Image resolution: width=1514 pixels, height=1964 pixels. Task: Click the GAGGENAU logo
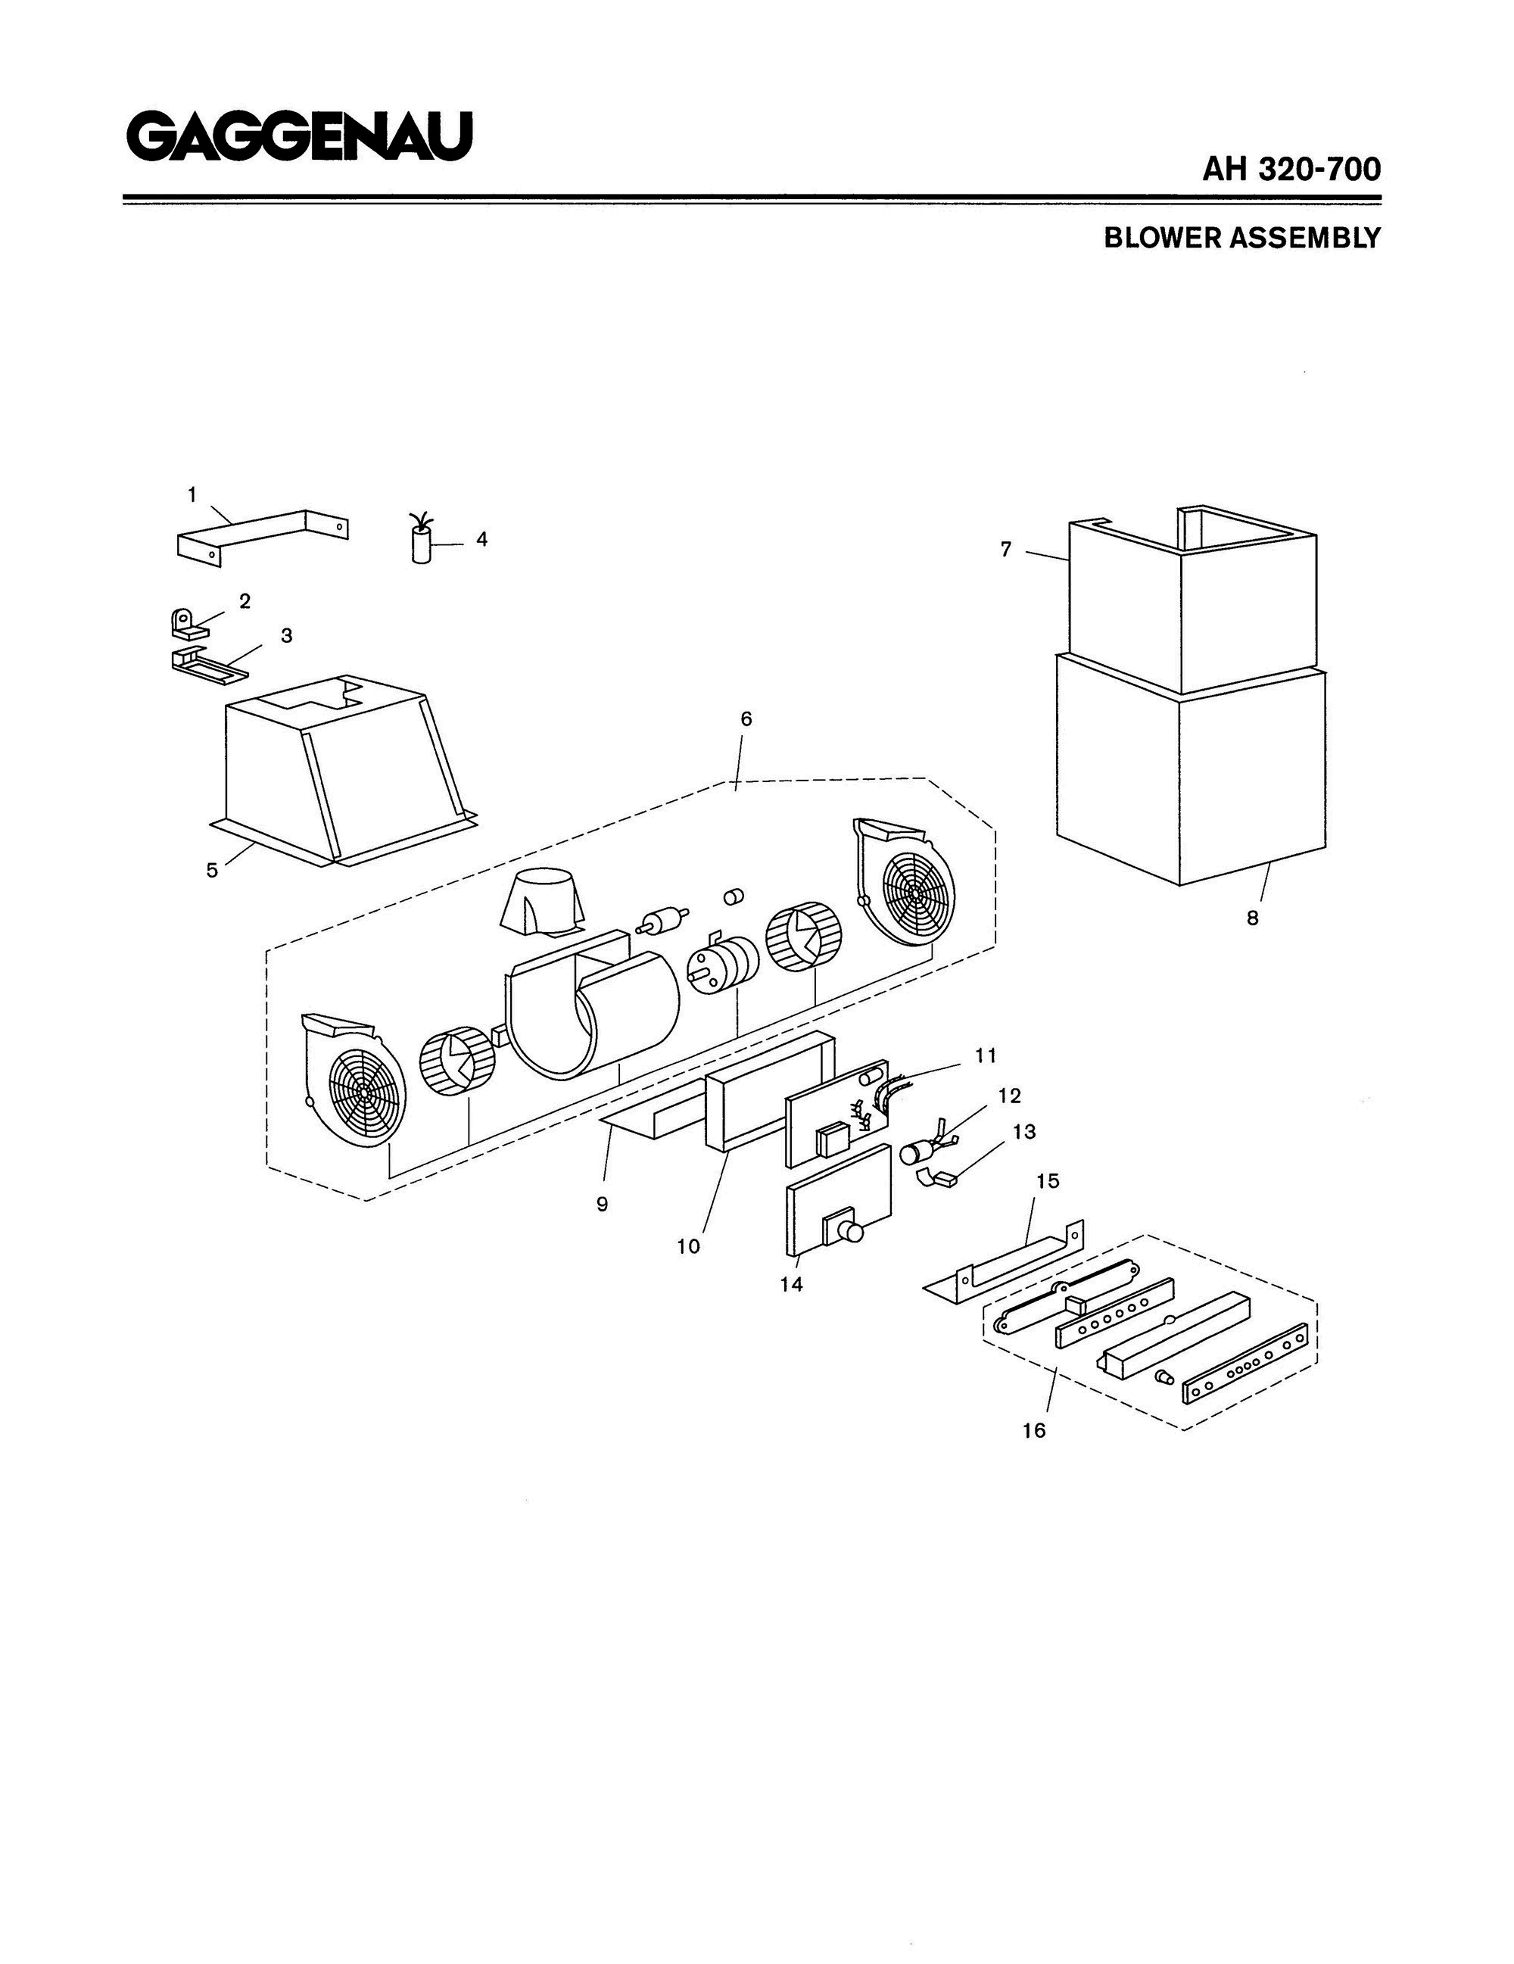299,137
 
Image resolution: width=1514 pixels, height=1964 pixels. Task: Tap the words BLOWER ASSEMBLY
1241,238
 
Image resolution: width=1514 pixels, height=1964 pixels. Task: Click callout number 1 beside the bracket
192,494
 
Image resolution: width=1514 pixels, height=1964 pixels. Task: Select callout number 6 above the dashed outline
746,719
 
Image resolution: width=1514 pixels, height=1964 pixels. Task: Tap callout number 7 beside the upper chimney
1006,549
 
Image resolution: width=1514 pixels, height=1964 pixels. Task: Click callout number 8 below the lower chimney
1251,918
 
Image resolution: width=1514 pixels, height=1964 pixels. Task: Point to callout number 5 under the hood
212,871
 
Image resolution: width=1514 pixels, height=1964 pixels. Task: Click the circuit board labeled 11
838,1113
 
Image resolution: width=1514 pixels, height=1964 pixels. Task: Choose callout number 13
1024,1131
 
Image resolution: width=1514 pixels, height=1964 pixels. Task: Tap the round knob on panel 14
848,1231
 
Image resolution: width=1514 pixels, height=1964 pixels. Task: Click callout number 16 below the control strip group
1034,1429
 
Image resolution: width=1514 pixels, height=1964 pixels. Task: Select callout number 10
689,1246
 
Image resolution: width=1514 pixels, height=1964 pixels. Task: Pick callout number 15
1048,1180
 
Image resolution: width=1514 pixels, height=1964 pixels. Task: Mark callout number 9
603,1204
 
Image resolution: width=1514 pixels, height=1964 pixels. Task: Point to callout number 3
287,635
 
